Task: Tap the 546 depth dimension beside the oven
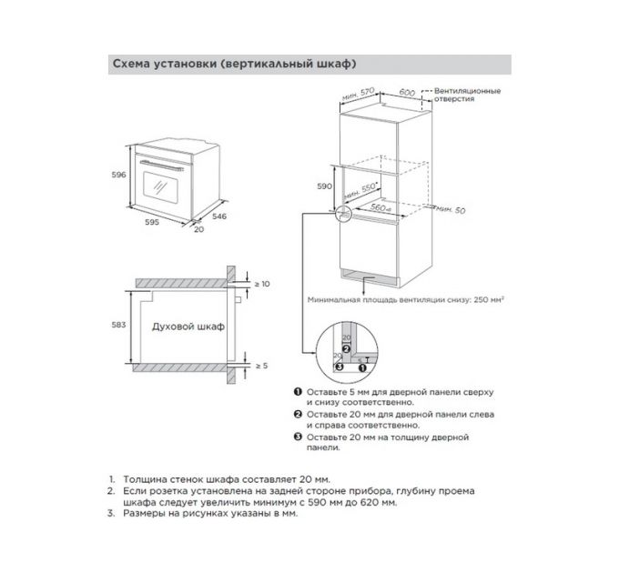(218, 216)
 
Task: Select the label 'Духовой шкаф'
(188, 326)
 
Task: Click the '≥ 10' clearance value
(261, 284)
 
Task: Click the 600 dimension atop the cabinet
(407, 93)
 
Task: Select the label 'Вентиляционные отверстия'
(467, 96)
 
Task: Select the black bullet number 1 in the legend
(297, 391)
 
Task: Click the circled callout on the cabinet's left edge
(344, 214)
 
